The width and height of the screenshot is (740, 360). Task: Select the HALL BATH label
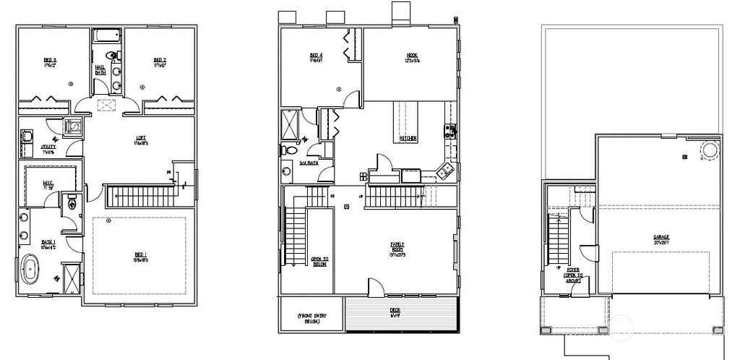tap(100, 70)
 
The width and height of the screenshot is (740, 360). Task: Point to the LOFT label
tap(141, 140)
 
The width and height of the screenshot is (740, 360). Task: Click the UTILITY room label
tap(48, 147)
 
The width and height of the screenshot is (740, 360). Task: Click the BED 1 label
tap(140, 254)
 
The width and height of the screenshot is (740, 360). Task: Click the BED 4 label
tap(316, 57)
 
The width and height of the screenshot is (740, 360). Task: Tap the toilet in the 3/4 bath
tap(288, 150)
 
